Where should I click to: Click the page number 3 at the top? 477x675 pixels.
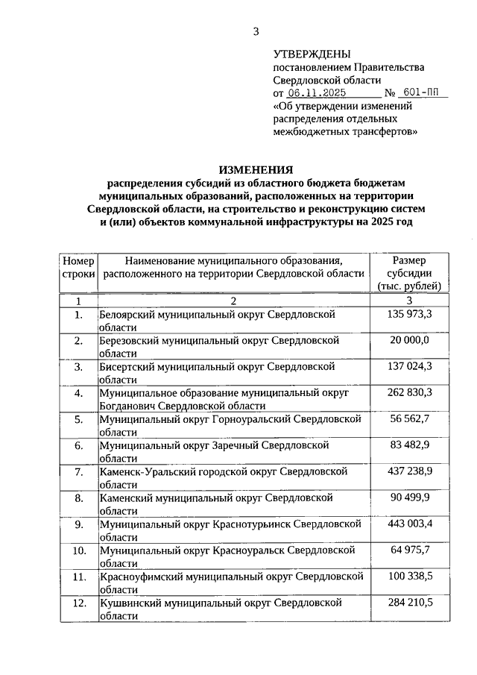[256, 31]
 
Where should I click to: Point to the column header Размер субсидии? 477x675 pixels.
[410, 273]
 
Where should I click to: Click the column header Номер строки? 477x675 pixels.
[78, 267]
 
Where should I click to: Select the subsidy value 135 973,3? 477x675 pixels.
[410, 315]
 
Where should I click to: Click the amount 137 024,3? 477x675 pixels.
[410, 366]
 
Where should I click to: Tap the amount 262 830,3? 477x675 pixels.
[410, 392]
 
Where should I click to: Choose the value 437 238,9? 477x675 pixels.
[410, 471]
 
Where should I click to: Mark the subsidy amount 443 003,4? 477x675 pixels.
[410, 524]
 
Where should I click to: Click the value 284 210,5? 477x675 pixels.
[410, 601]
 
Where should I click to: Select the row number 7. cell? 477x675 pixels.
[78, 471]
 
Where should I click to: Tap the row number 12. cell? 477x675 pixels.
[78, 601]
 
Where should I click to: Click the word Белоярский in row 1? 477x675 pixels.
[129, 315]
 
